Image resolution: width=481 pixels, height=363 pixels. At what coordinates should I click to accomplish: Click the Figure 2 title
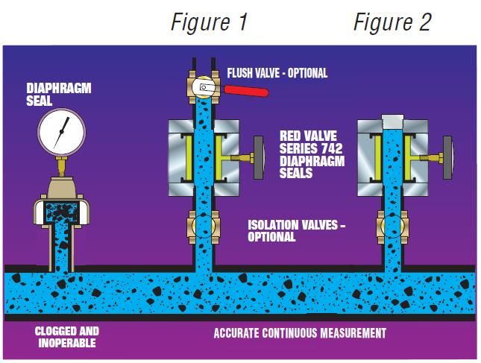click(392, 22)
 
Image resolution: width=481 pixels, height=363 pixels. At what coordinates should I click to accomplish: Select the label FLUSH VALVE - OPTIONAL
click(277, 73)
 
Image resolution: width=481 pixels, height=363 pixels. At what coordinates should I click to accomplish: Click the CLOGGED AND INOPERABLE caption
click(66, 337)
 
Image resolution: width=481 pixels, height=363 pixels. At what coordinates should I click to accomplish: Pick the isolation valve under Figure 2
click(391, 224)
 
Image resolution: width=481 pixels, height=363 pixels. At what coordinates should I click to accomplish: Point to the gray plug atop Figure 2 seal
click(392, 121)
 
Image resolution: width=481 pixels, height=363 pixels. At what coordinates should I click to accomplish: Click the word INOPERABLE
click(66, 342)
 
